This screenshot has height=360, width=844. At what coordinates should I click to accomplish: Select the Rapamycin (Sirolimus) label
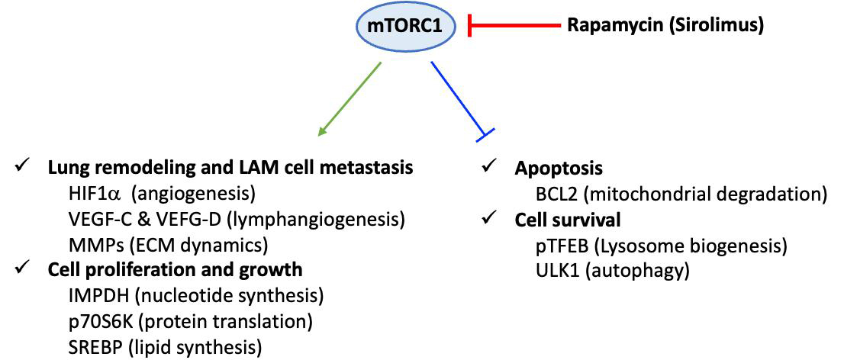coord(665,26)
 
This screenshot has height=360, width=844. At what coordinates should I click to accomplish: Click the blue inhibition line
coord(459,99)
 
